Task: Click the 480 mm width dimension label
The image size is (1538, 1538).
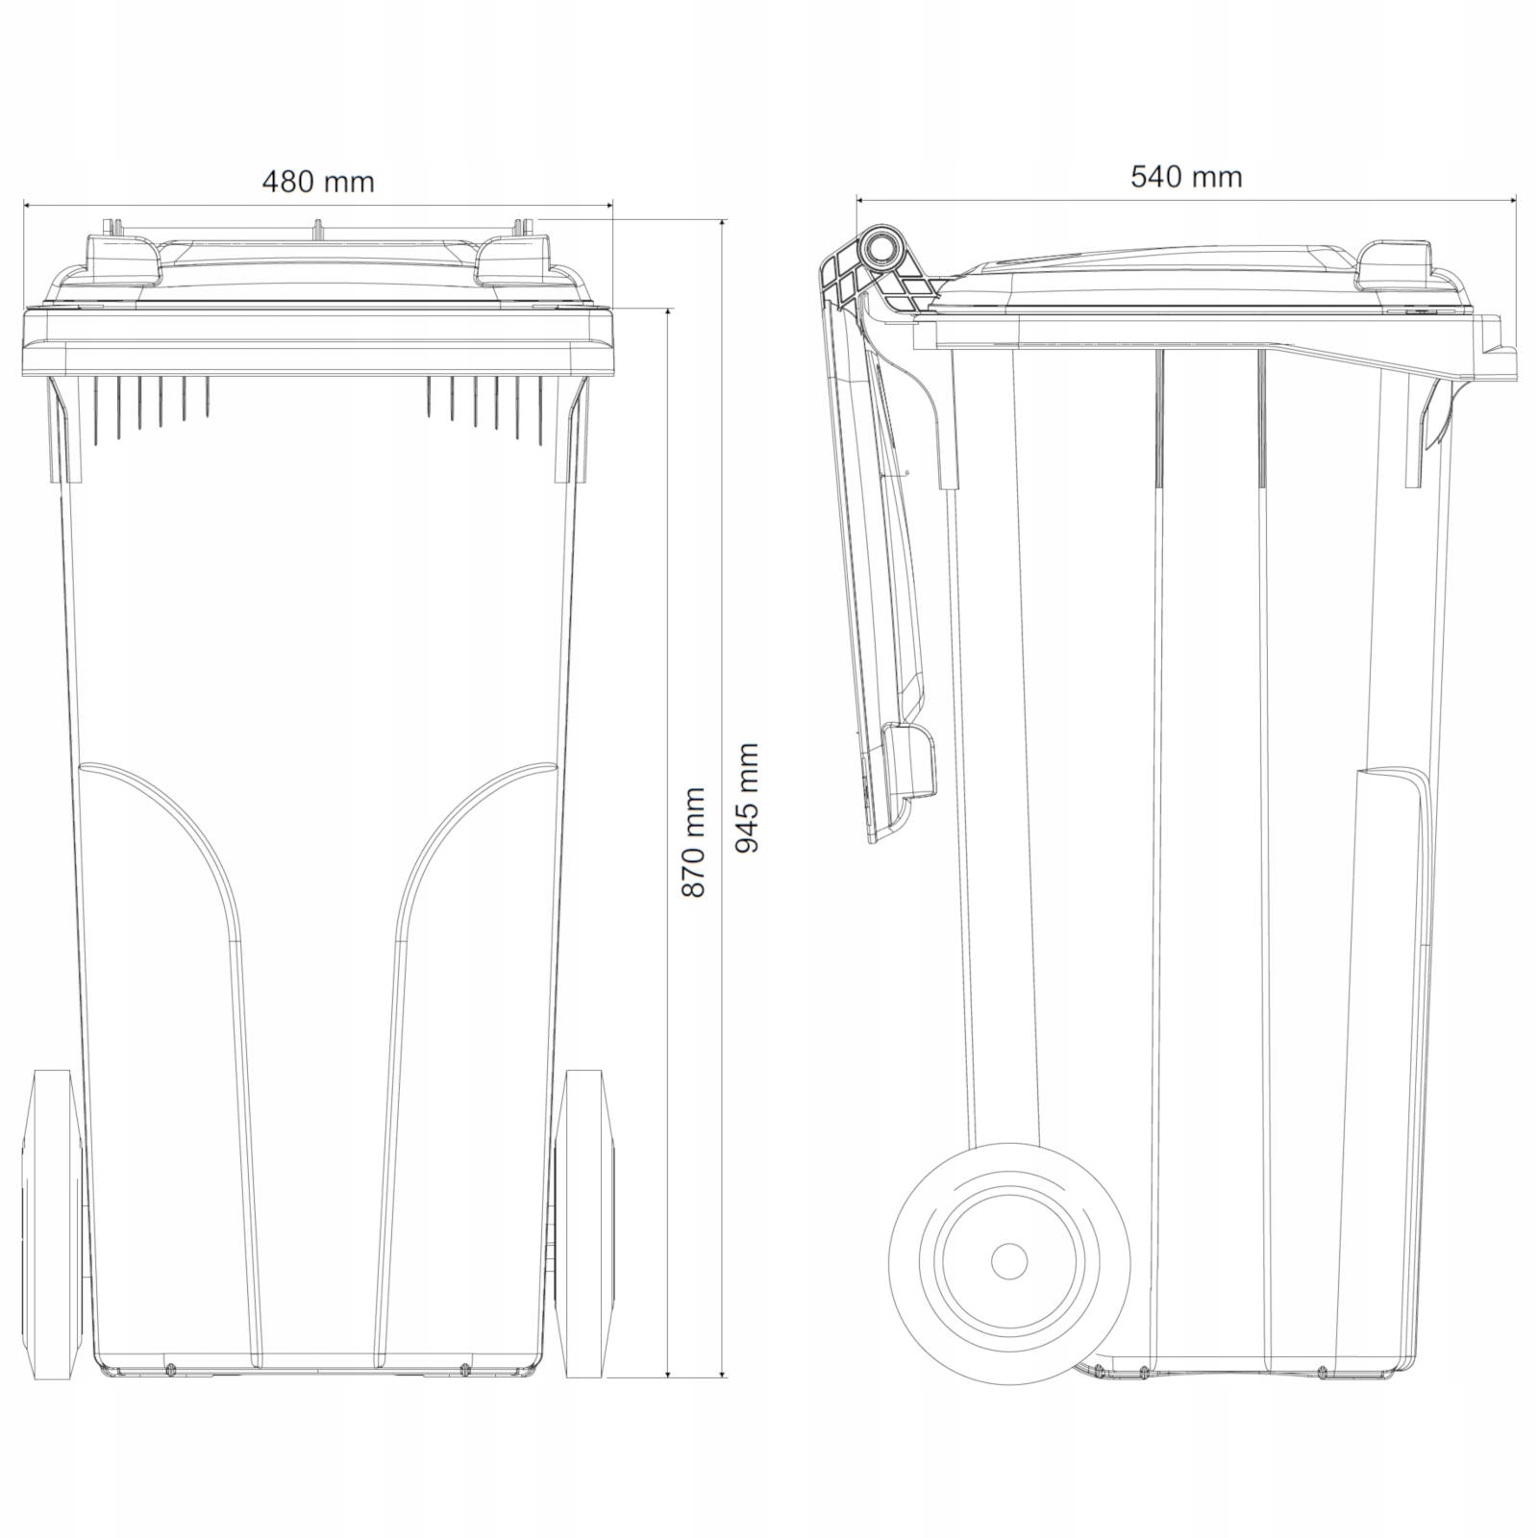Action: tap(318, 181)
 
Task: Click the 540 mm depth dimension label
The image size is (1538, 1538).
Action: tap(1186, 177)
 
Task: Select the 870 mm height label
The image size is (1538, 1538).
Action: tap(693, 842)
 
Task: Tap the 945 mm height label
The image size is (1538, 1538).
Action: tap(747, 798)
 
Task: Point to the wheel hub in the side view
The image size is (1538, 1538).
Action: tap(1008, 1260)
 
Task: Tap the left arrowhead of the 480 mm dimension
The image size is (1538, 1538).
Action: tap(29, 205)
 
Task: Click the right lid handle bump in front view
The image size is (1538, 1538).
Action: tap(514, 258)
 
